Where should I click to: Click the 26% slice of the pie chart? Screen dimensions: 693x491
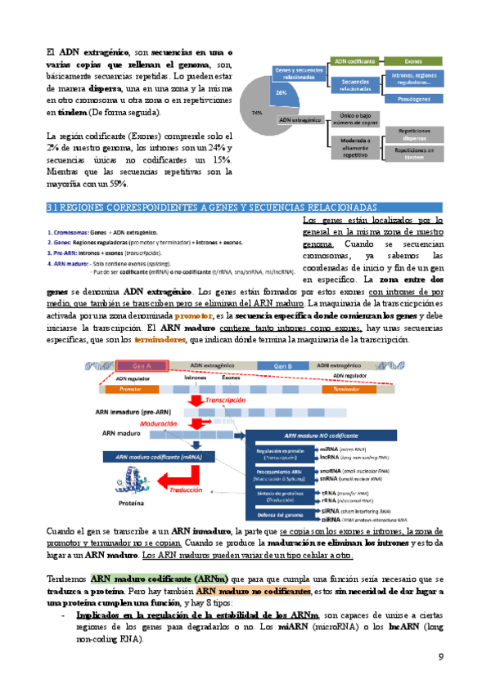[x=281, y=92]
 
